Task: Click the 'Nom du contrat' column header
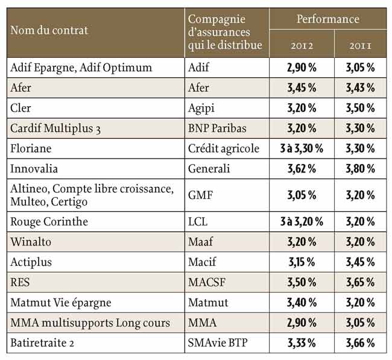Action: point(49,30)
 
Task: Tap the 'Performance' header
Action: point(327,19)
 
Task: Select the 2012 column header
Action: point(302,45)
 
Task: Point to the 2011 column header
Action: point(361,45)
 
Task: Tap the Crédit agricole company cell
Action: point(223,148)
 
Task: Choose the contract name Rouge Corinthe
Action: point(49,222)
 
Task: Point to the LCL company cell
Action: point(198,222)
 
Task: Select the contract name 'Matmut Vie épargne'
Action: point(61,303)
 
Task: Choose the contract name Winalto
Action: point(31,242)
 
